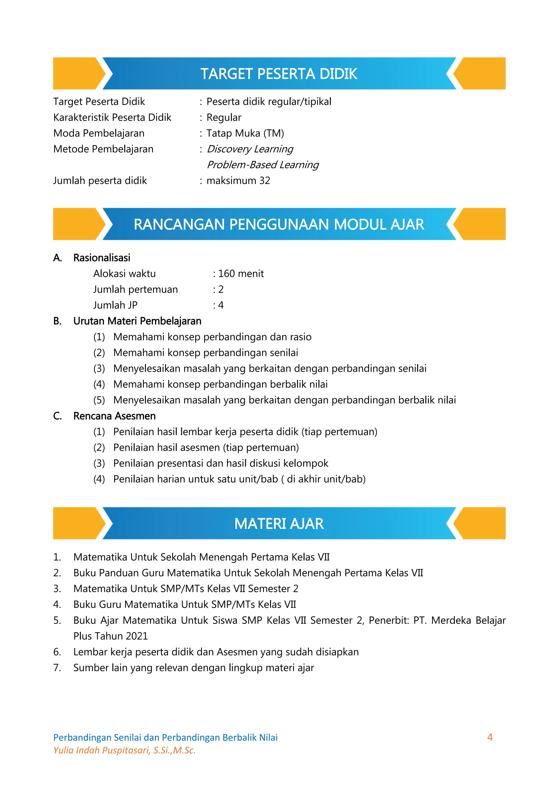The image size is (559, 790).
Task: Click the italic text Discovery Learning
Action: coord(250,149)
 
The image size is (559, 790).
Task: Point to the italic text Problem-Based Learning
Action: coord(263,165)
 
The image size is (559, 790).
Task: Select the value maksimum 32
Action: coord(238,181)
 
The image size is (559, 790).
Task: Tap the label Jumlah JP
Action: coord(115,305)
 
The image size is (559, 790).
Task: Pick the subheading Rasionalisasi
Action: coord(102,258)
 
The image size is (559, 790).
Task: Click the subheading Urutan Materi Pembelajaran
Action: coord(137,321)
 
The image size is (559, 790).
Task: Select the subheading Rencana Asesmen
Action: coord(114,416)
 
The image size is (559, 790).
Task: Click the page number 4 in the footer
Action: coord(490,737)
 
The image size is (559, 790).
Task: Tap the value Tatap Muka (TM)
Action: coord(245,133)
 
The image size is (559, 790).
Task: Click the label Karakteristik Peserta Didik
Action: coord(112,117)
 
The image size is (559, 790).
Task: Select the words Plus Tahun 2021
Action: coord(111,636)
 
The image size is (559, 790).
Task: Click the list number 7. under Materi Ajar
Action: coord(57,668)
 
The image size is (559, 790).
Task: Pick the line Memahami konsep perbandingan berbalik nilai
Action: coord(220,384)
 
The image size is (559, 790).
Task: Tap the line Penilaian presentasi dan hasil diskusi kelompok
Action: coord(221,463)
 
